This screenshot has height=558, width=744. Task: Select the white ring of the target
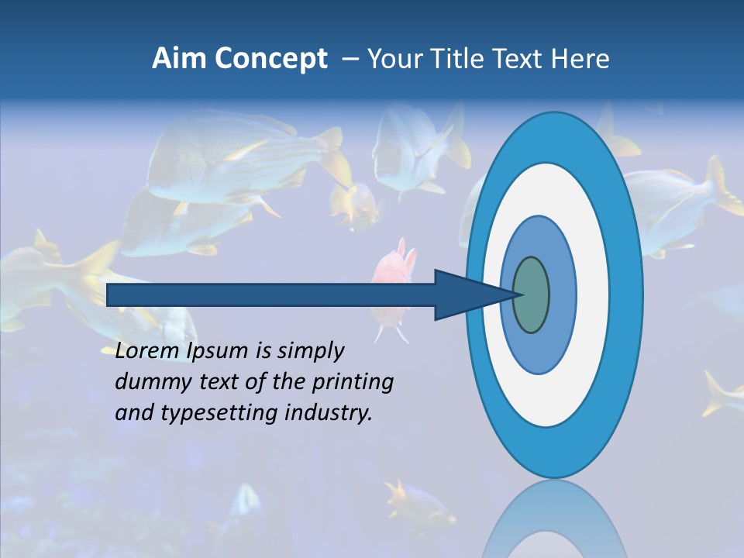[593, 295]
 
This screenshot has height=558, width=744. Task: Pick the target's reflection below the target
[554, 519]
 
